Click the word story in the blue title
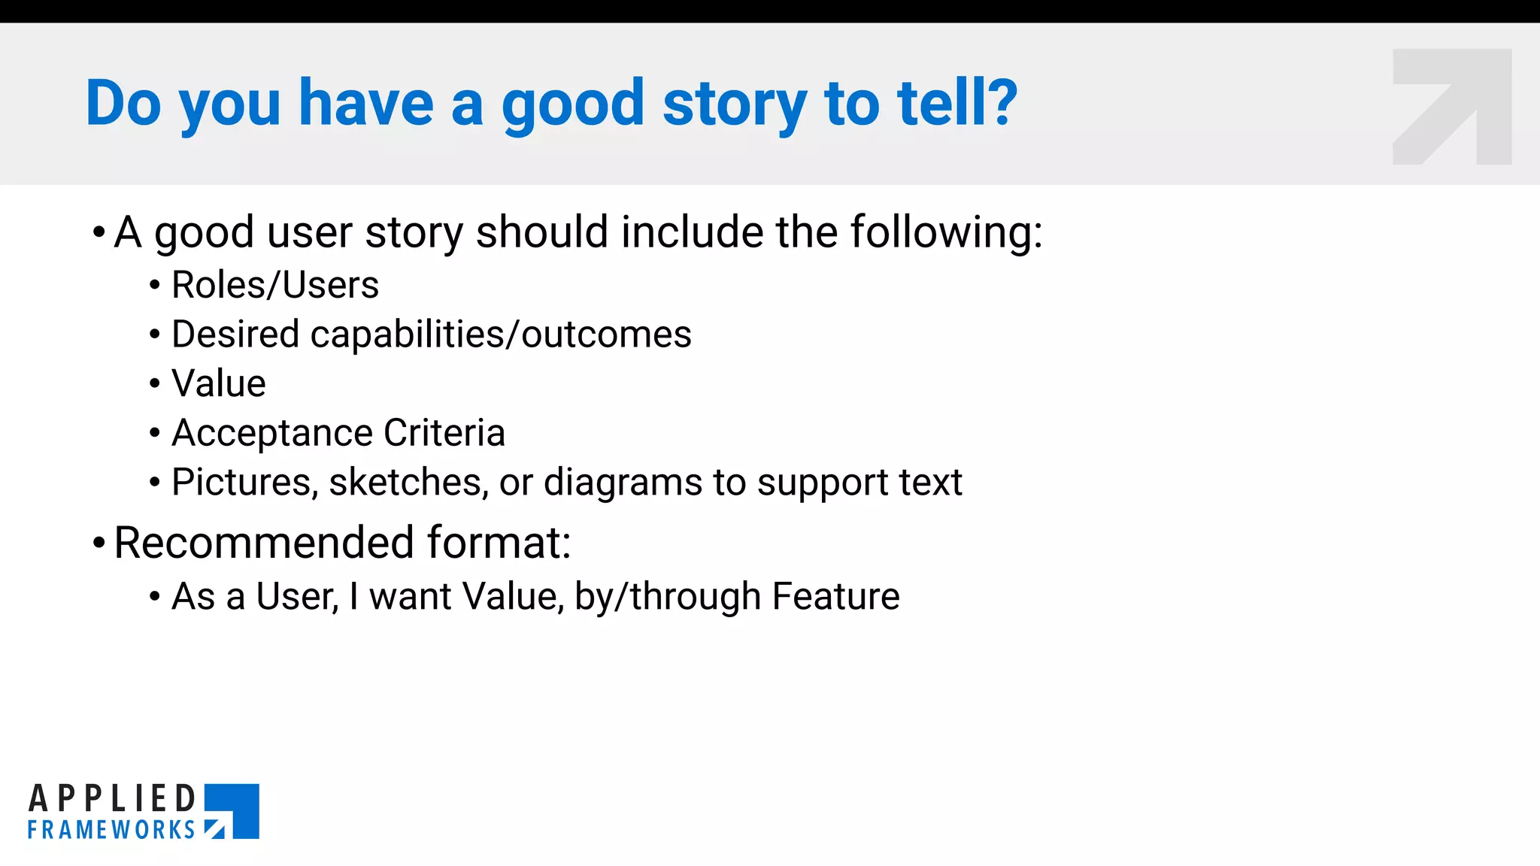click(734, 104)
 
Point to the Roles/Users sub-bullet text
click(275, 285)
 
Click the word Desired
click(235, 334)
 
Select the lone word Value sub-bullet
click(219, 383)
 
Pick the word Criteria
click(444, 433)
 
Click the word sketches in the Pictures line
click(408, 482)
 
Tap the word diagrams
click(623, 482)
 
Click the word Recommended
click(264, 542)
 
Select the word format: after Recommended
click(499, 542)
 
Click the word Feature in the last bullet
click(835, 596)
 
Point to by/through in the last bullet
click(668, 596)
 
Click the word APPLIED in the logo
click(113, 798)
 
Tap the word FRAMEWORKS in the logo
click(111, 830)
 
